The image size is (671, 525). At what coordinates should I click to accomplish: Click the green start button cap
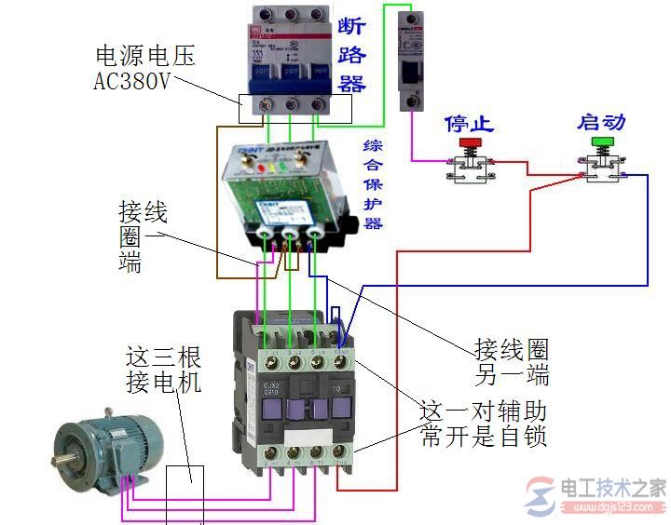[602, 141]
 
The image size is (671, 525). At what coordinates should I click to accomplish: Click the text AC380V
[132, 81]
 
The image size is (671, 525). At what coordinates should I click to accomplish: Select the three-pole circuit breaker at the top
[294, 56]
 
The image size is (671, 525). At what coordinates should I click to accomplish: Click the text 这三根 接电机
[164, 369]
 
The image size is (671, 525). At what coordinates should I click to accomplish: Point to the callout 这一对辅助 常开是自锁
[484, 424]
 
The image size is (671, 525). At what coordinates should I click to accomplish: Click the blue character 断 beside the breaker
[351, 26]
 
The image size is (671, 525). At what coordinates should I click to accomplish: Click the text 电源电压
[144, 56]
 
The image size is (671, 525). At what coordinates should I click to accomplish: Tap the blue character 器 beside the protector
[373, 223]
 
